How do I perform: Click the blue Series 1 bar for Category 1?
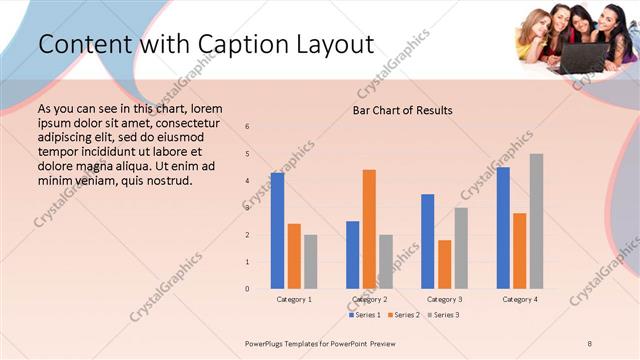(277, 231)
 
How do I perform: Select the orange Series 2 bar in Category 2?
(369, 229)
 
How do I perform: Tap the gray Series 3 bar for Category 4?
(536, 221)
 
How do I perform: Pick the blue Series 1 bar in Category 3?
(428, 241)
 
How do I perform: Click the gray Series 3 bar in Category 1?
(310, 262)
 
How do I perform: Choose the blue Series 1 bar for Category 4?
(503, 228)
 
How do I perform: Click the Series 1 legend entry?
(367, 315)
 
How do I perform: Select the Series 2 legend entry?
(405, 315)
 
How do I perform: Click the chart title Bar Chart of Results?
(402, 110)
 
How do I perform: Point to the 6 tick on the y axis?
(248, 127)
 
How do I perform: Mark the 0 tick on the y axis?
(248, 289)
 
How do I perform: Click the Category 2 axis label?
(370, 300)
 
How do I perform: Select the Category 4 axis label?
(519, 300)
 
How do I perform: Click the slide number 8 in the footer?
(589, 343)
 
